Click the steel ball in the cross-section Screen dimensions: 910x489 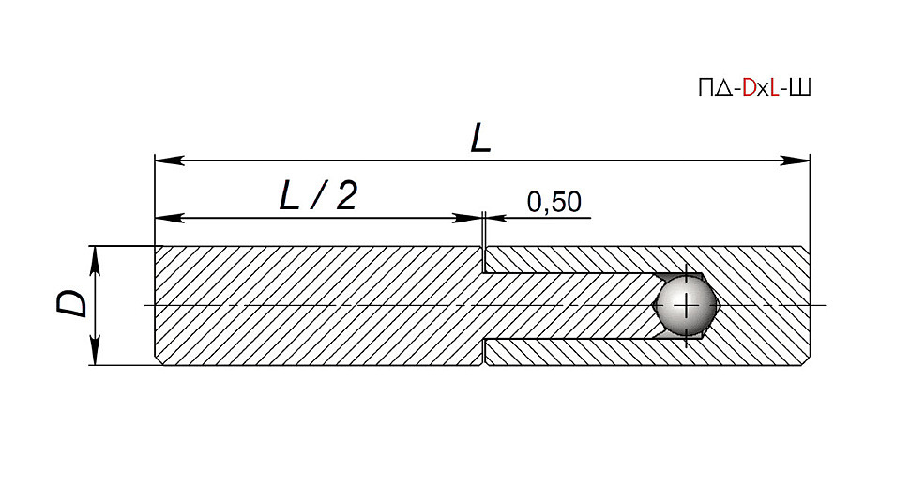tap(686, 305)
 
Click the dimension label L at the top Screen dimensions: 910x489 tap(480, 140)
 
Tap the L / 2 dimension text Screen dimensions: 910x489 tap(318, 195)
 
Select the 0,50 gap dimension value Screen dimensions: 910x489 tap(554, 202)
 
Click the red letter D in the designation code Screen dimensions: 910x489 tap(750, 88)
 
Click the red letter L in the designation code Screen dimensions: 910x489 tap(774, 88)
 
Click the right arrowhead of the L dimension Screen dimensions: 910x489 tap(796, 160)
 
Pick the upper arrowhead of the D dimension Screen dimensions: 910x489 tap(96, 261)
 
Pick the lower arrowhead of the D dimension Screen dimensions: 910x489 tap(96, 351)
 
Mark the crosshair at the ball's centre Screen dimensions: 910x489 tap(687, 305)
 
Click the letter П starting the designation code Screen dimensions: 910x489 tap(705, 88)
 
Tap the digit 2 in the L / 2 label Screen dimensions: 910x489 tap(346, 195)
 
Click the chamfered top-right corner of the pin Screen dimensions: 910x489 tap(807, 249)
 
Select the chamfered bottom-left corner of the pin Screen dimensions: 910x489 tap(159, 361)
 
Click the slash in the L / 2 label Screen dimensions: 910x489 tap(318, 195)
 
